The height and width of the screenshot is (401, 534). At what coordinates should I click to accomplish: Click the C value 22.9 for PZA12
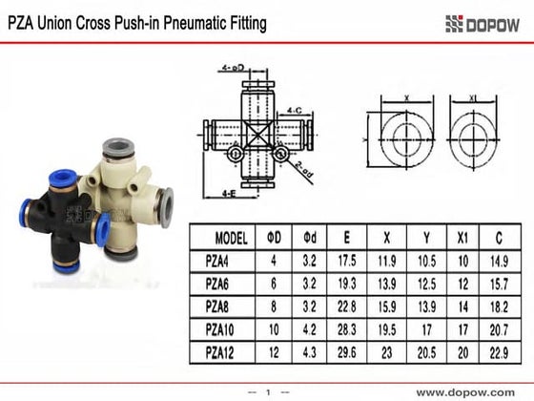(499, 352)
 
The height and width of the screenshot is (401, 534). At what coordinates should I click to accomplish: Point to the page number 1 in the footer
(269, 391)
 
